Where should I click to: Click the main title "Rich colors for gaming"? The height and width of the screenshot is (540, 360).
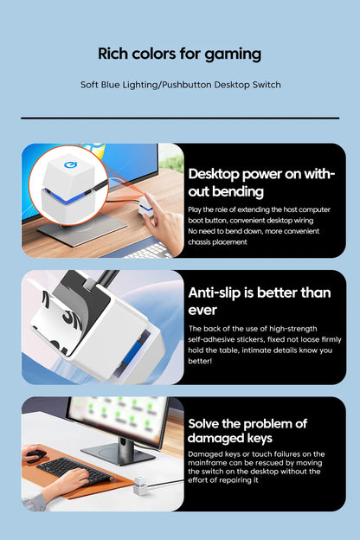[179, 54]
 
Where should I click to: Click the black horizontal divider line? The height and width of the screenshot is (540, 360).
[180, 118]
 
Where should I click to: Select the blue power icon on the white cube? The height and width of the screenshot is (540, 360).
[71, 165]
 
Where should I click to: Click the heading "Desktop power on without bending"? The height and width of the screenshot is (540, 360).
[261, 183]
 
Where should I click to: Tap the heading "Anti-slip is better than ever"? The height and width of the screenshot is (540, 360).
[260, 301]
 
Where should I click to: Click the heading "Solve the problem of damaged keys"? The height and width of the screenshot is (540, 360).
[247, 430]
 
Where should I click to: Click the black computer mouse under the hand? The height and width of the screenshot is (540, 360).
[35, 455]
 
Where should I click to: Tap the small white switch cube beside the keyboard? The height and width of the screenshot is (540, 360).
[141, 485]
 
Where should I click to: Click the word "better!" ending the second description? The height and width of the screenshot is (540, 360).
[200, 361]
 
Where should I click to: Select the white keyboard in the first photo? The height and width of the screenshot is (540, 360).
[149, 251]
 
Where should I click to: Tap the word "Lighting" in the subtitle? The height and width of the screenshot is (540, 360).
[138, 85]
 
